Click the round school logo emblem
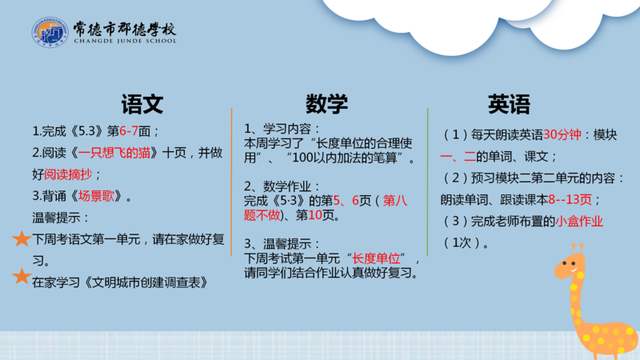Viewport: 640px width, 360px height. pyautogui.click(x=50, y=32)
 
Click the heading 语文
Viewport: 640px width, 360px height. pyautogui.click(x=142, y=104)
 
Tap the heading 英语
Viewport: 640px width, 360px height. pyautogui.click(x=509, y=104)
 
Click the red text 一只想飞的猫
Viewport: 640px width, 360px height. pyautogui.click(x=114, y=153)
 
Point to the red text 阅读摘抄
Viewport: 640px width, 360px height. pyautogui.click(x=68, y=174)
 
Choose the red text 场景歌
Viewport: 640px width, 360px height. pyautogui.click(x=96, y=196)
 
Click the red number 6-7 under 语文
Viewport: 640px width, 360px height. pyautogui.click(x=129, y=131)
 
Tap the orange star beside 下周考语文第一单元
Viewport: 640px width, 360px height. pyautogui.click(x=22, y=238)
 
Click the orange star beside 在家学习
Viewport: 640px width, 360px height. pyautogui.click(x=22, y=276)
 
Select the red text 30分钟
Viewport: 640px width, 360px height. pyautogui.click(x=562, y=134)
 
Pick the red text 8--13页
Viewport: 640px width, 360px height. pyautogui.click(x=570, y=199)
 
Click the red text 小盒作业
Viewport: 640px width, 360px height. pyautogui.click(x=578, y=222)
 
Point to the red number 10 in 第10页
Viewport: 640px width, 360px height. pyautogui.click(x=315, y=215)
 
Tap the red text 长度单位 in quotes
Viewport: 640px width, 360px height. pyautogui.click(x=376, y=258)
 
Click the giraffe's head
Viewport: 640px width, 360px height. pyautogui.click(x=570, y=266)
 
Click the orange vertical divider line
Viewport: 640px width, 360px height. pyautogui.click(x=231, y=182)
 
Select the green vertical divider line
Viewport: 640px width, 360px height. pyautogui.click(x=427, y=182)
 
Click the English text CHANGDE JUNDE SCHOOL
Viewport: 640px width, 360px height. pyautogui.click(x=126, y=41)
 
